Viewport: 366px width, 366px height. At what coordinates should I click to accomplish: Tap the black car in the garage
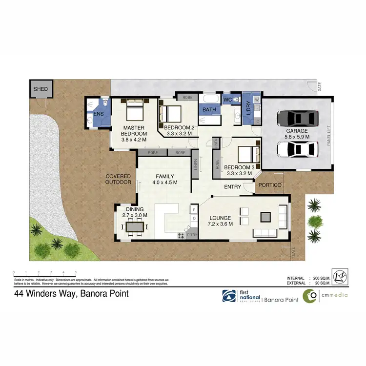click(297, 118)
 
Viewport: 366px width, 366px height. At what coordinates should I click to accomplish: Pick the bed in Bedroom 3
click(247, 155)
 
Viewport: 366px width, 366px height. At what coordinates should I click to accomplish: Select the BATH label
click(209, 110)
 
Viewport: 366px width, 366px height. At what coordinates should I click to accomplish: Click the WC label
click(227, 100)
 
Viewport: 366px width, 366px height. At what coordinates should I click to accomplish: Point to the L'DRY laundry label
click(247, 107)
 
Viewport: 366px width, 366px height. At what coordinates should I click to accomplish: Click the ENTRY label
click(233, 187)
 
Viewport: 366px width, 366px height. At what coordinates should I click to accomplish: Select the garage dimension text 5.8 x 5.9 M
click(297, 138)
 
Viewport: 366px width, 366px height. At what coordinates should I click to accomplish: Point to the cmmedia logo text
click(333, 296)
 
